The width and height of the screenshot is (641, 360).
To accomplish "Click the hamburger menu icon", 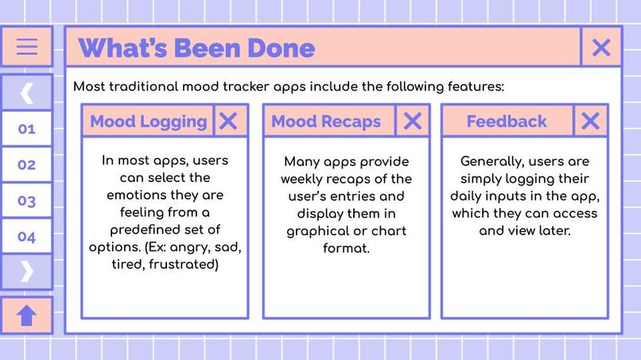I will (x=27, y=47).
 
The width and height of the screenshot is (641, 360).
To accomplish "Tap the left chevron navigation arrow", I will (x=27, y=92).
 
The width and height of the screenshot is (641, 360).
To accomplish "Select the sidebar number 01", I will (x=27, y=129).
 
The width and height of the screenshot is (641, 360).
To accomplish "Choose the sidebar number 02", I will (x=27, y=165).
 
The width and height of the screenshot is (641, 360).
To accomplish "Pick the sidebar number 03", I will (x=27, y=200).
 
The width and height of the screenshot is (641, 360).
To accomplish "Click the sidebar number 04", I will (x=27, y=236).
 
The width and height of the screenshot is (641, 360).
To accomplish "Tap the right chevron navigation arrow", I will (x=27, y=271).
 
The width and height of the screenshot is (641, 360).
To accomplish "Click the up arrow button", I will (x=27, y=315).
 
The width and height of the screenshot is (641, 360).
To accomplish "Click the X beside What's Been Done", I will (x=601, y=48).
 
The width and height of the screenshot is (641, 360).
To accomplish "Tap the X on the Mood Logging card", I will (x=228, y=121).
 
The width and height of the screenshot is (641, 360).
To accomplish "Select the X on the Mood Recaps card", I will (x=412, y=121).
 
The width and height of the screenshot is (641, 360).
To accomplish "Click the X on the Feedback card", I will (x=590, y=121).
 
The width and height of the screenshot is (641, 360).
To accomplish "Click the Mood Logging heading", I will (x=148, y=122).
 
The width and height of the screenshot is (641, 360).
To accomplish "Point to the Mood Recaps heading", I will (x=326, y=122).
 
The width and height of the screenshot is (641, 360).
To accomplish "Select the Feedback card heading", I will (x=507, y=122).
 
